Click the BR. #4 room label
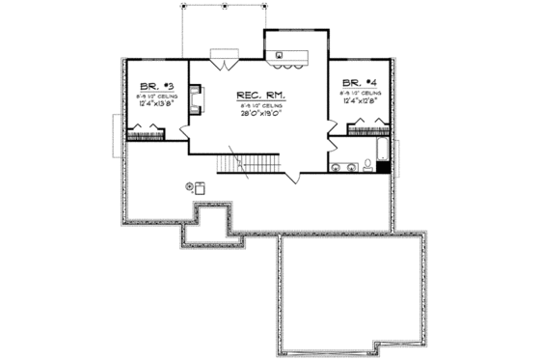click(358, 85)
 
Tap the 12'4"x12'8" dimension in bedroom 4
click(358, 103)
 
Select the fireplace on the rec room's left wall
click(196, 101)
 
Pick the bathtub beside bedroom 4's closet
click(385, 149)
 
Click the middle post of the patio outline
click(225, 5)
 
